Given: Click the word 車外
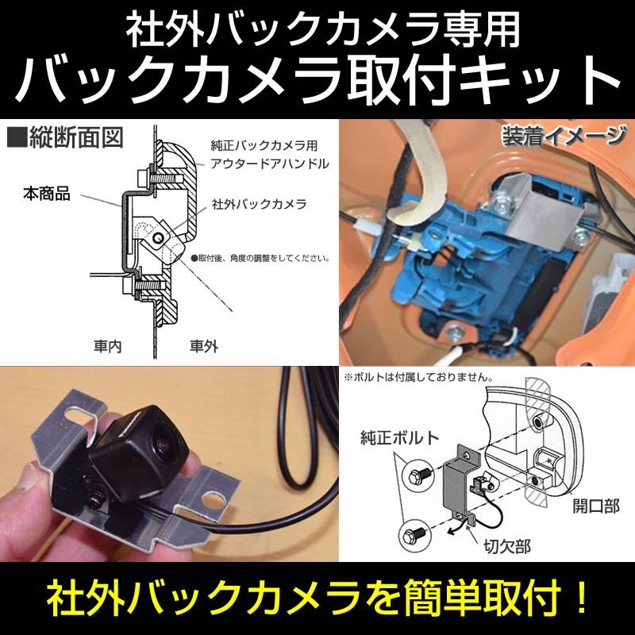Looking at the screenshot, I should (205, 347).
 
